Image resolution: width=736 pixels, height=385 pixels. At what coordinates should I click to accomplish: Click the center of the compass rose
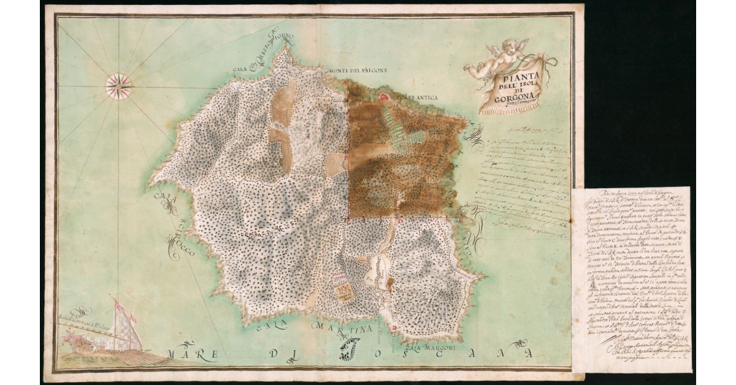[x=119, y=86]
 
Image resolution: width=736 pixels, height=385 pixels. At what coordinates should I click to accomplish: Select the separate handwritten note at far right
[x=632, y=279]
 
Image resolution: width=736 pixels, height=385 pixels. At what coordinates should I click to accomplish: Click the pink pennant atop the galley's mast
[x=116, y=301]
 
